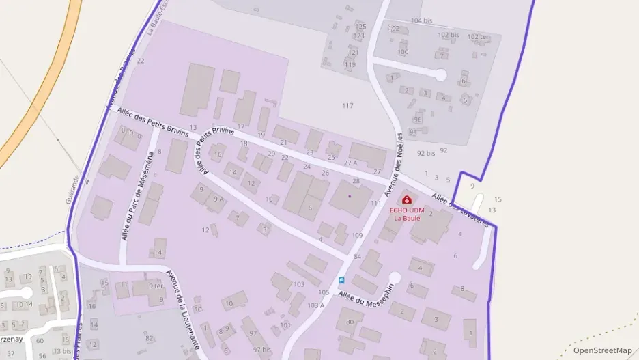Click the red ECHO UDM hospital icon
click(407, 199)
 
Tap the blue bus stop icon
click(341, 280)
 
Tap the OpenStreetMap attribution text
click(602, 350)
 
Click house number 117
click(347, 105)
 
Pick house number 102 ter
click(478, 36)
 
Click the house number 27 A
click(351, 163)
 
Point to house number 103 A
click(315, 305)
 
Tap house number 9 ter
click(156, 286)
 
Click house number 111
click(375, 204)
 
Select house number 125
click(360, 27)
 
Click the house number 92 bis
click(425, 153)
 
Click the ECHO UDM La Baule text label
click(407, 214)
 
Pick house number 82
click(150, 338)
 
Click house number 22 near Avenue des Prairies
click(141, 61)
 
